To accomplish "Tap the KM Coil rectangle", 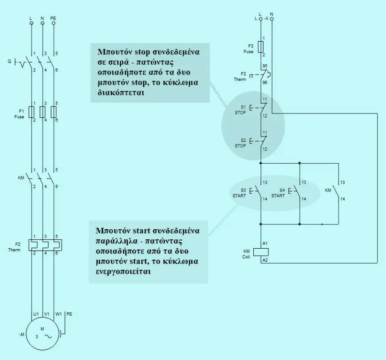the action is coord(261,252).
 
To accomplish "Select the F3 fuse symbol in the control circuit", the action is coord(261,47).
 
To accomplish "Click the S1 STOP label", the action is coord(240,110).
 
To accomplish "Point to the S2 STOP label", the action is coord(240,143).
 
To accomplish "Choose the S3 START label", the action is coord(239,193).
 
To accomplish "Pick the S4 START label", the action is coord(278,193).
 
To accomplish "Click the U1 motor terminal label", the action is coord(36,314).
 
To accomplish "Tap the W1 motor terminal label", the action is coord(59,314).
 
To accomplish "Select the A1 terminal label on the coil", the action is coord(265,243).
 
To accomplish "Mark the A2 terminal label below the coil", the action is coord(265,260).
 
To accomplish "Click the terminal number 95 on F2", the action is coord(265,66).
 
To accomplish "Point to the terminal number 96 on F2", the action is coord(265,82).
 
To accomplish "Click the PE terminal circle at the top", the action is coord(54,23).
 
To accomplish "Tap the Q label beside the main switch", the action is coord(10,61).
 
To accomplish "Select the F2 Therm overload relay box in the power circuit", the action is coord(45,245).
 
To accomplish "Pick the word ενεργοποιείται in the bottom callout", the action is coord(123,271).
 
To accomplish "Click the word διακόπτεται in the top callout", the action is coord(121,93).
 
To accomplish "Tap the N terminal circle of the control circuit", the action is coord(272,19).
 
